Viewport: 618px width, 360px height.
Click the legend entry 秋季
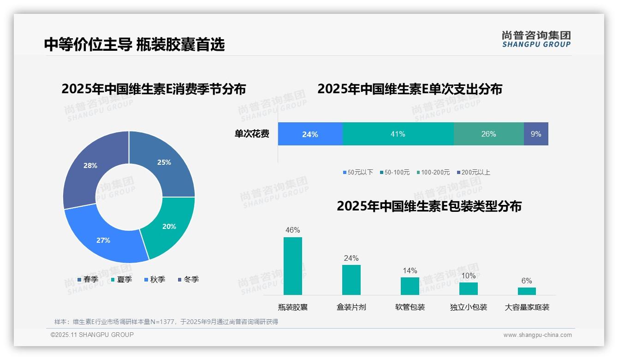tap(155, 280)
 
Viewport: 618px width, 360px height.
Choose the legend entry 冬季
tap(189, 280)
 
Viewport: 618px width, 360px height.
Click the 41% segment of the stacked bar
tap(398, 134)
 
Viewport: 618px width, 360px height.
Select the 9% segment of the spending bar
tap(536, 134)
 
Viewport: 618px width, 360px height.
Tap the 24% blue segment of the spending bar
tap(310, 134)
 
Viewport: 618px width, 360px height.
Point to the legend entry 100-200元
tap(433, 173)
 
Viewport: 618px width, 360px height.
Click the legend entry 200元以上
tap(474, 173)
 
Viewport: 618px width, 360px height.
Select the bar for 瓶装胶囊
tap(292, 266)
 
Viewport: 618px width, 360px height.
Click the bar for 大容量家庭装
tap(527, 291)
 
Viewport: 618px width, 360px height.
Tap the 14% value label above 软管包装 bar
tap(410, 271)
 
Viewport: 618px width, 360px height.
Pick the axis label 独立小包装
tap(469, 307)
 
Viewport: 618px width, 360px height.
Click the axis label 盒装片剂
tap(351, 307)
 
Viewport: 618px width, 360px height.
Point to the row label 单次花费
tap(252, 134)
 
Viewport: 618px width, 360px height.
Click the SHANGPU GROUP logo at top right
tap(536, 39)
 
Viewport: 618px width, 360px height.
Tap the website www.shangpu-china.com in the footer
tap(537, 335)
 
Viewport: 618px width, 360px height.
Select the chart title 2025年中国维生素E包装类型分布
tap(429, 206)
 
